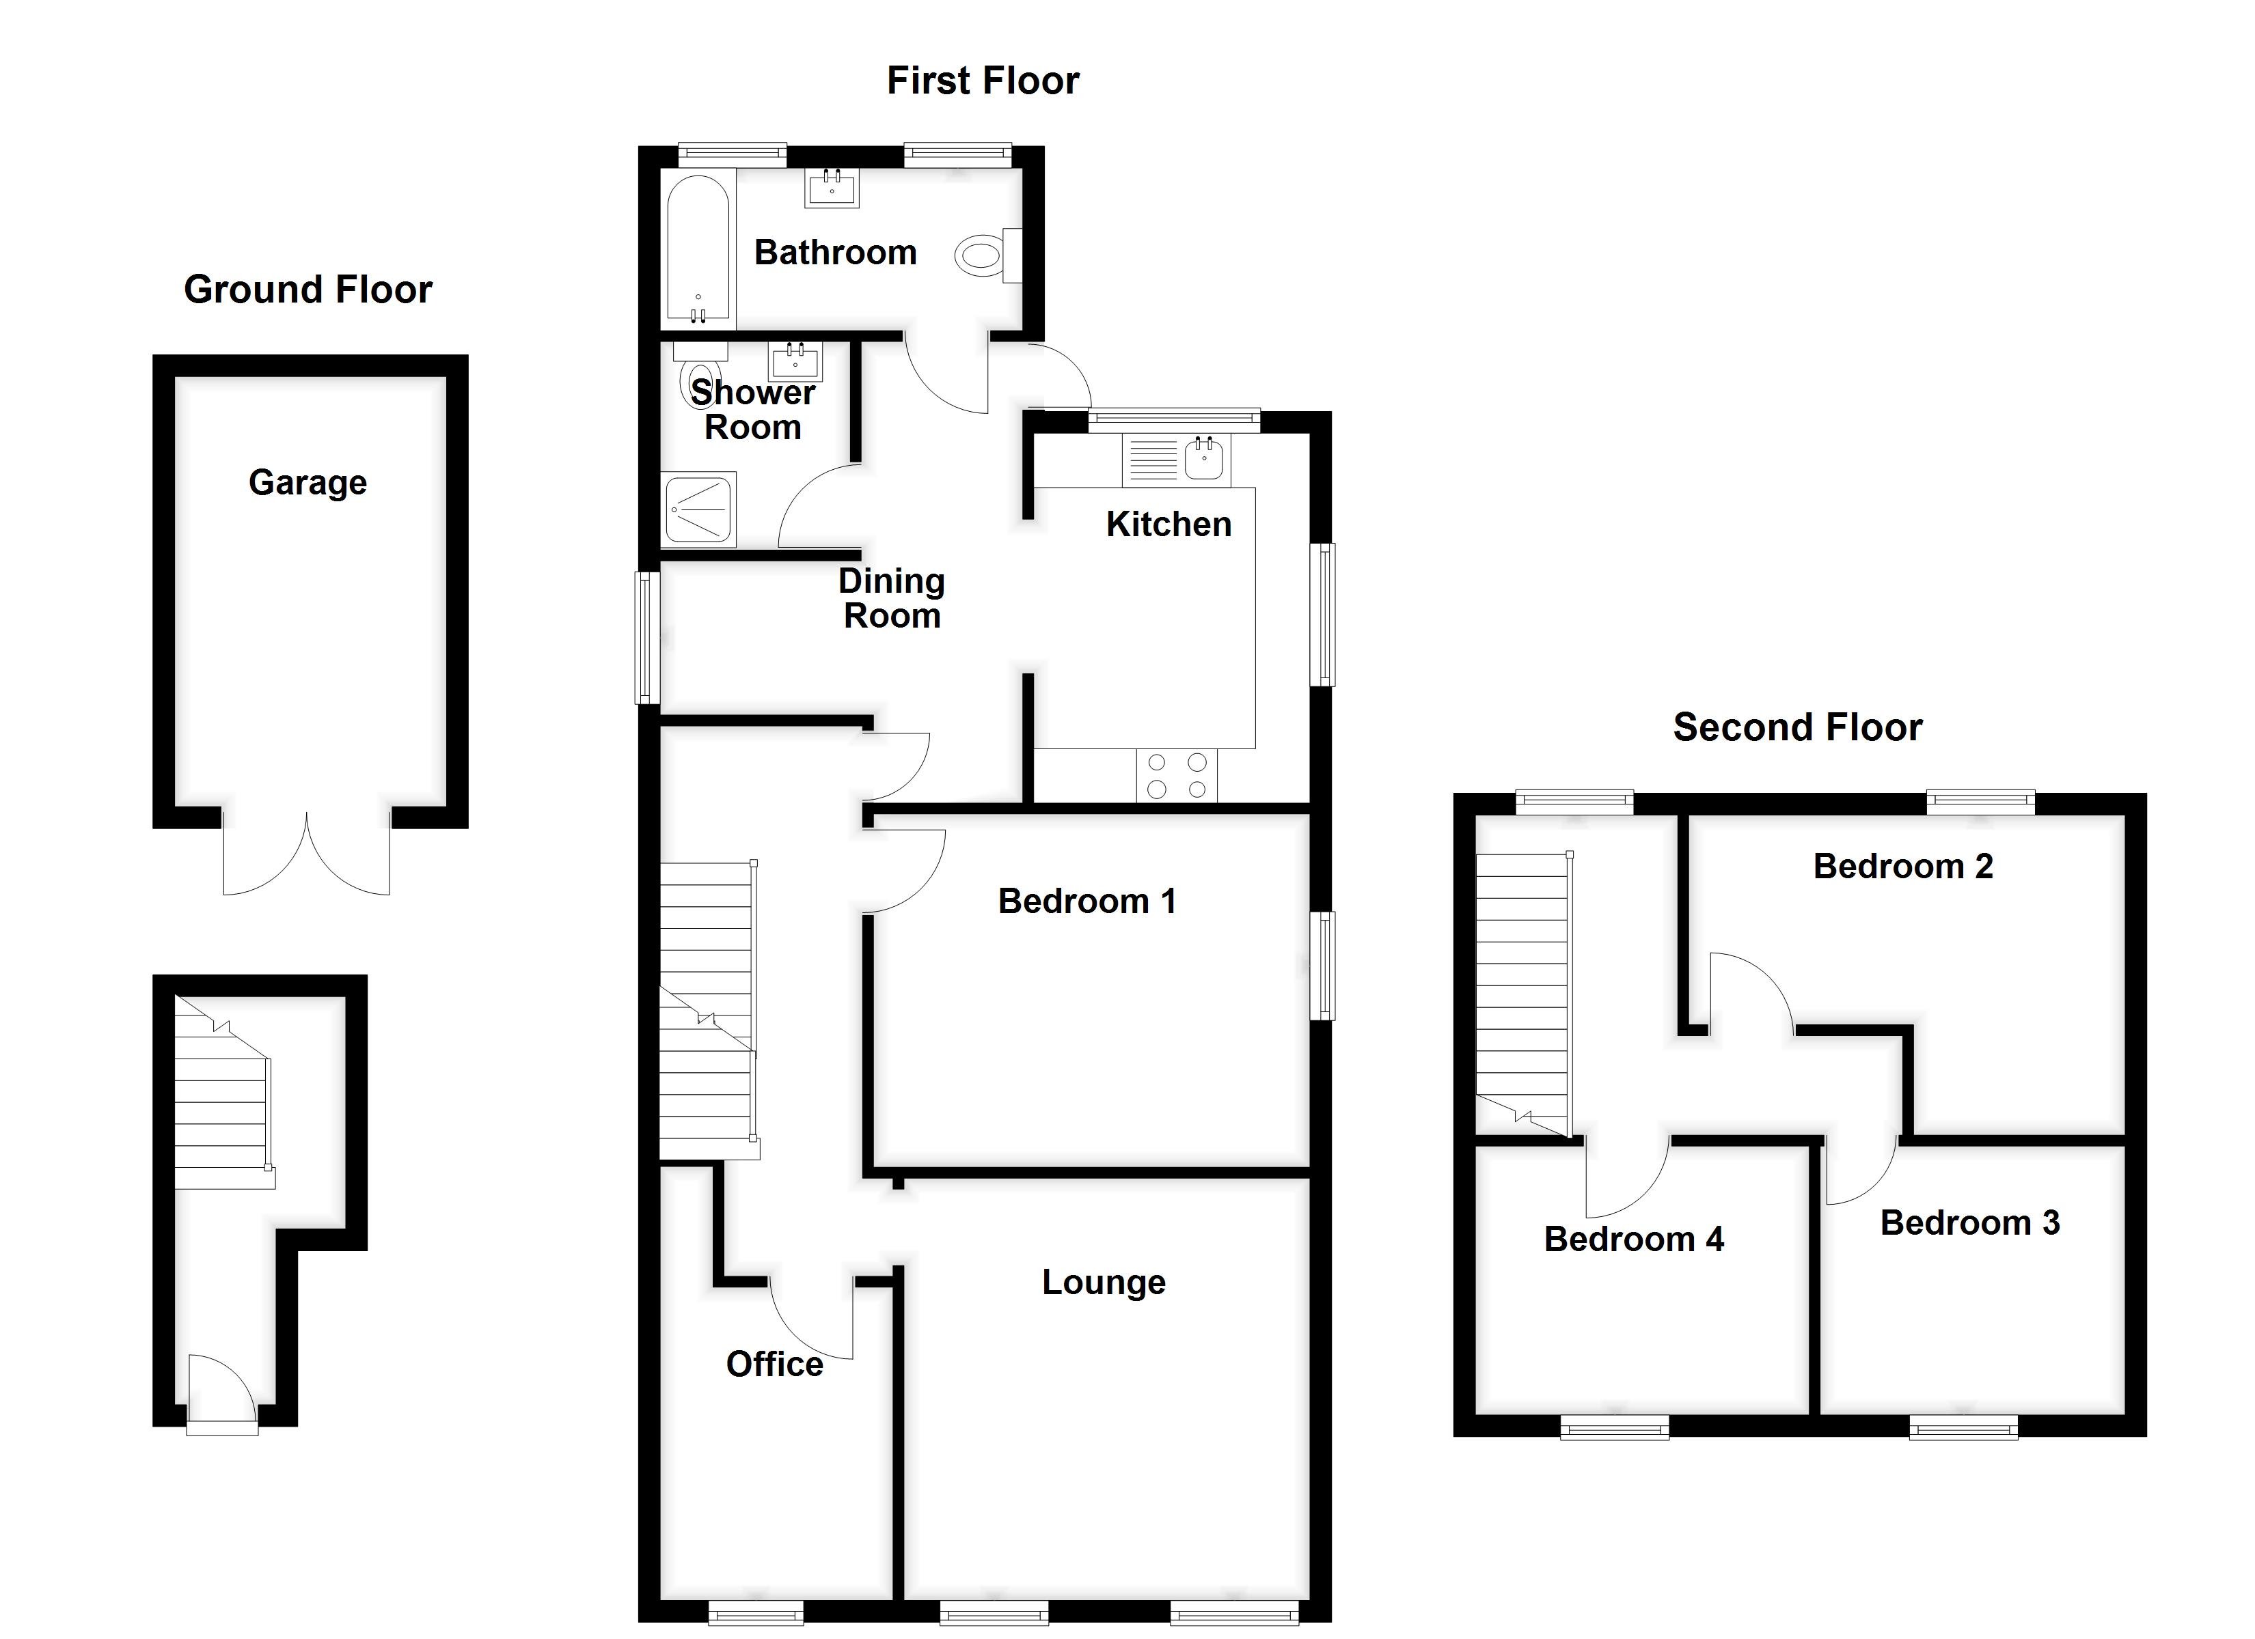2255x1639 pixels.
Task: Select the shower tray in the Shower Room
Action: pos(699,509)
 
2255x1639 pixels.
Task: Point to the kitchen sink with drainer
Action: pos(1176,460)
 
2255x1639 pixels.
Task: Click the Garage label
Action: pos(307,482)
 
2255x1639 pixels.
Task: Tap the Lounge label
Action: pos(1104,1283)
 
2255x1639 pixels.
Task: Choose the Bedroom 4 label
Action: pos(1634,1239)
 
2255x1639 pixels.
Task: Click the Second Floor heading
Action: pos(1798,727)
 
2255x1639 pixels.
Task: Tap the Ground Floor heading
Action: pos(307,290)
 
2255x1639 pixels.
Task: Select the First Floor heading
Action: pos(983,81)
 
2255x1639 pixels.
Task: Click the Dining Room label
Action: pos(892,598)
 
